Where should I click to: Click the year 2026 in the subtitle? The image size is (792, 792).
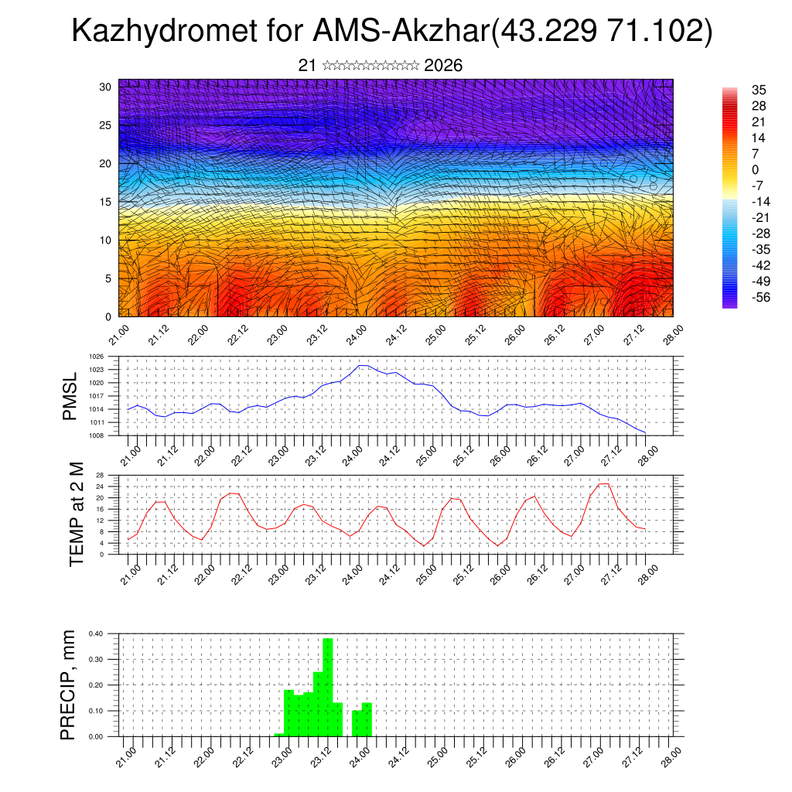click(x=443, y=66)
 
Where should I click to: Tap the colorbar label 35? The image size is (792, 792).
click(x=759, y=90)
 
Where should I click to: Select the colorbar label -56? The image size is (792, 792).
click(x=761, y=299)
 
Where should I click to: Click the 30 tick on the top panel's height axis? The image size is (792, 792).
click(x=105, y=87)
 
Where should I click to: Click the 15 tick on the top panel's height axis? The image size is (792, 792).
click(x=105, y=202)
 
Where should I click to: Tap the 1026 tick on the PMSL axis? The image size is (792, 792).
click(x=97, y=357)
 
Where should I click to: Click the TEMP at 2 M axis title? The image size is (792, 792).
click(x=76, y=514)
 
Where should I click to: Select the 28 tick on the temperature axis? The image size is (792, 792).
click(x=100, y=475)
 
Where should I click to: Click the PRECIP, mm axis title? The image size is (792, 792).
click(x=70, y=685)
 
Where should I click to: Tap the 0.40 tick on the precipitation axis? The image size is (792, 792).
click(x=95, y=633)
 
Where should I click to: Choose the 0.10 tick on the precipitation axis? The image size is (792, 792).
click(x=95, y=711)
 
